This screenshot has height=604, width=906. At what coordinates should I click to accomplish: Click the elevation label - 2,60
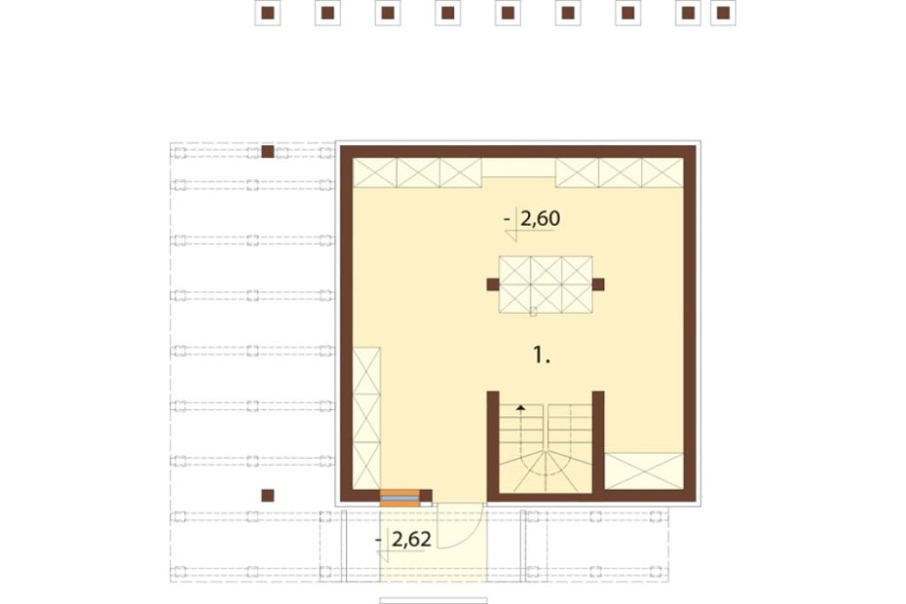532,219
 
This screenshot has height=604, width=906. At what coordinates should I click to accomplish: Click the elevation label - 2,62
403,540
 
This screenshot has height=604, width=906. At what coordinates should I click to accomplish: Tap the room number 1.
541,355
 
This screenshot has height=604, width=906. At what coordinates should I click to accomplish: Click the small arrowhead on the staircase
521,407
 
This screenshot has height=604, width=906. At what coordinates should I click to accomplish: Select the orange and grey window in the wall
400,498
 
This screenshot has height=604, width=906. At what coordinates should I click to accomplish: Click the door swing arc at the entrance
474,532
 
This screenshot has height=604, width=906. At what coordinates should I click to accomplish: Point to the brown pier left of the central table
493,284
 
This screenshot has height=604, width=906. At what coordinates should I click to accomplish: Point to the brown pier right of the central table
598,284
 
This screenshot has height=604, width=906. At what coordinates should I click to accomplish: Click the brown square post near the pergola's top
267,151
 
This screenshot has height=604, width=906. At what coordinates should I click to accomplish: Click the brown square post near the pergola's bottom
267,495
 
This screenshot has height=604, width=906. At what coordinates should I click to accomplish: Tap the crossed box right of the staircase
643,471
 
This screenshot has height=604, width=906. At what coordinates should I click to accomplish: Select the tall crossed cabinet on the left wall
366,418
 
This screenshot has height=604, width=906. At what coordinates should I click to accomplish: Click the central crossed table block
545,284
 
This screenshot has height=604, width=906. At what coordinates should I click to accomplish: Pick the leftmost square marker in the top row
267,13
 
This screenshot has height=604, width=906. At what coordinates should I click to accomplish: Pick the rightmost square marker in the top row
723,13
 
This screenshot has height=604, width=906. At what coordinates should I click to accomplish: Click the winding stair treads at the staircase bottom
545,472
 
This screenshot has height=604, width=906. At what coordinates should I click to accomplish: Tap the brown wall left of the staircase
493,443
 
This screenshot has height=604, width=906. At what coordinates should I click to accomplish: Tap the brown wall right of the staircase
598,443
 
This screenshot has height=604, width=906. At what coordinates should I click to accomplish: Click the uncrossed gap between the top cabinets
518,168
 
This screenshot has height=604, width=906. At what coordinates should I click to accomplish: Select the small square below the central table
533,312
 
